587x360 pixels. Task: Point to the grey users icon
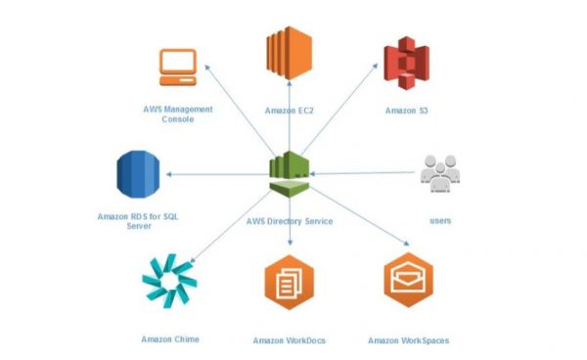(x=439, y=173)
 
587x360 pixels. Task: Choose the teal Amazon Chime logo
(x=169, y=281)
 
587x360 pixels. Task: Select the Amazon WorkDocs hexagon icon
(x=288, y=281)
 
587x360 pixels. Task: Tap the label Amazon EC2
(x=290, y=111)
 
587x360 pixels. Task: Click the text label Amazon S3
(x=408, y=111)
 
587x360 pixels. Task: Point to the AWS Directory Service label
(x=290, y=221)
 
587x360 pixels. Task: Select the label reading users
(x=439, y=220)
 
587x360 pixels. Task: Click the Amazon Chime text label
(x=169, y=338)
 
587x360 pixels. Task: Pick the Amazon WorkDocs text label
(x=289, y=339)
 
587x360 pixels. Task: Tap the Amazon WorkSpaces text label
(x=408, y=339)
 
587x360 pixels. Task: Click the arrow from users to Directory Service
(x=362, y=174)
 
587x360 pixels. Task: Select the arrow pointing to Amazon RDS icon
(x=215, y=174)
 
